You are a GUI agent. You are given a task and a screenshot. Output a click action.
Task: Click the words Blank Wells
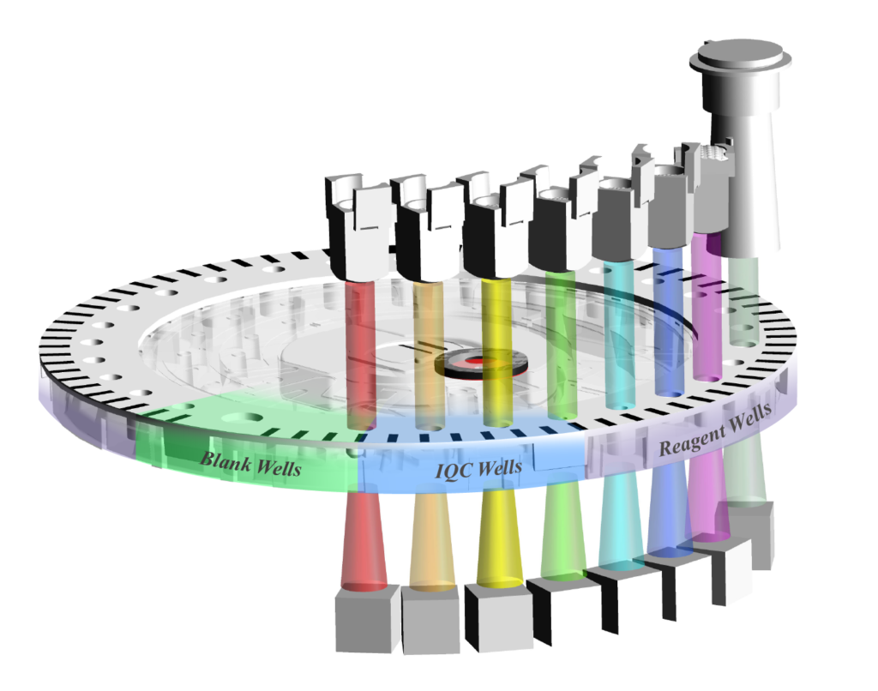coord(251,464)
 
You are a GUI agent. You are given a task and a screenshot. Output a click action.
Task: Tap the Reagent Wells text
coord(715,430)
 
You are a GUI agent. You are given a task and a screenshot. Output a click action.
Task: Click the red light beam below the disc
coord(364,540)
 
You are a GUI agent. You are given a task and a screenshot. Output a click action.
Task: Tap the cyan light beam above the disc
coord(620,335)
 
